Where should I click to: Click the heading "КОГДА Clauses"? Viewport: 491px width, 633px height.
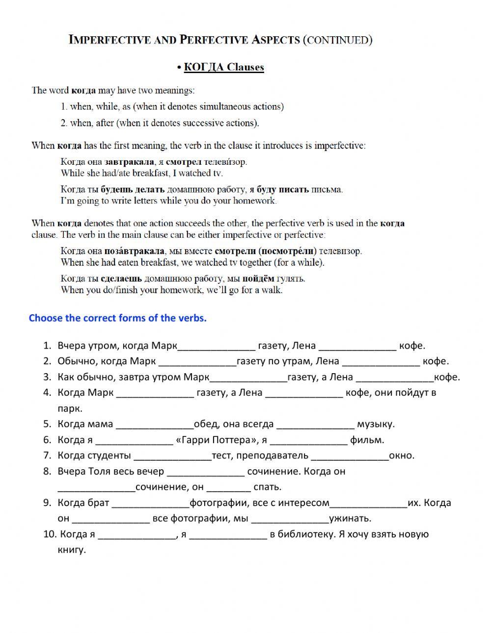(x=223, y=67)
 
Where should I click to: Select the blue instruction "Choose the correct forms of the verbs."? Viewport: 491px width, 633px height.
(x=118, y=318)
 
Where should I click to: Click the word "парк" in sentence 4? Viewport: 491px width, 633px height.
(x=70, y=408)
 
